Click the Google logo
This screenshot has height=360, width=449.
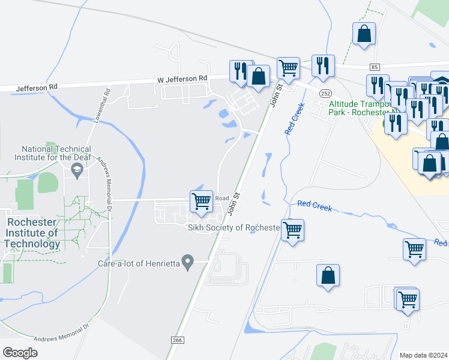coord(20,353)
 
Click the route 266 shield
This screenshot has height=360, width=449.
coord(177,340)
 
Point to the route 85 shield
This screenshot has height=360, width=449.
coord(375,66)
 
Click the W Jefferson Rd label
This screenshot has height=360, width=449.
coord(182,79)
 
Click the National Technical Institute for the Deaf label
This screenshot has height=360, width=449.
coord(56,154)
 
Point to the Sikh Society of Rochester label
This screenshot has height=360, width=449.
coord(234,227)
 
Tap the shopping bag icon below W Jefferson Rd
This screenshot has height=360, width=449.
coord(259,77)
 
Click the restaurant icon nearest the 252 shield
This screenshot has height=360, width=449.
coord(323,65)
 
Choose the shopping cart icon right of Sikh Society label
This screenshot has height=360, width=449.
coord(292,229)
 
